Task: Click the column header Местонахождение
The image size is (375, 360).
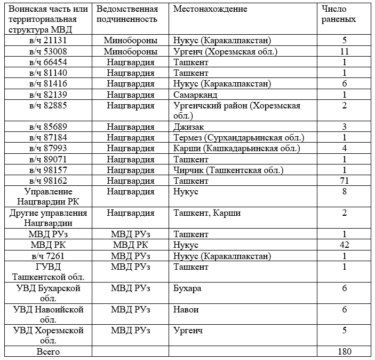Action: [x=210, y=9]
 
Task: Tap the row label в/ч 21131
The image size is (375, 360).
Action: [x=48, y=41]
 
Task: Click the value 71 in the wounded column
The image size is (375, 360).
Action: [x=345, y=181]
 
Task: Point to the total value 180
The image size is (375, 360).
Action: [x=345, y=352]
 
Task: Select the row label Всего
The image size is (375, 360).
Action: [x=48, y=352]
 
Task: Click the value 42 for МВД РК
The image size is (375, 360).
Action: [x=345, y=245]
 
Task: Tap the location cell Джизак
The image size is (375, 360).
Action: [x=189, y=128]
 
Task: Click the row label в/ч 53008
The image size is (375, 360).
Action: [x=48, y=52]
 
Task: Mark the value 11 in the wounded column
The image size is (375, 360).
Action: [x=345, y=52]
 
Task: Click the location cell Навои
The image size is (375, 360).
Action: [x=185, y=310]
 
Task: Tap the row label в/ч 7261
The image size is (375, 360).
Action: [x=48, y=256]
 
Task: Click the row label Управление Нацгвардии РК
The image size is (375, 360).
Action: [x=48, y=197]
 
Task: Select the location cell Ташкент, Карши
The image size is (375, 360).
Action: [x=207, y=213]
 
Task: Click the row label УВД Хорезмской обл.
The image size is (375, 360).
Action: [x=48, y=335]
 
